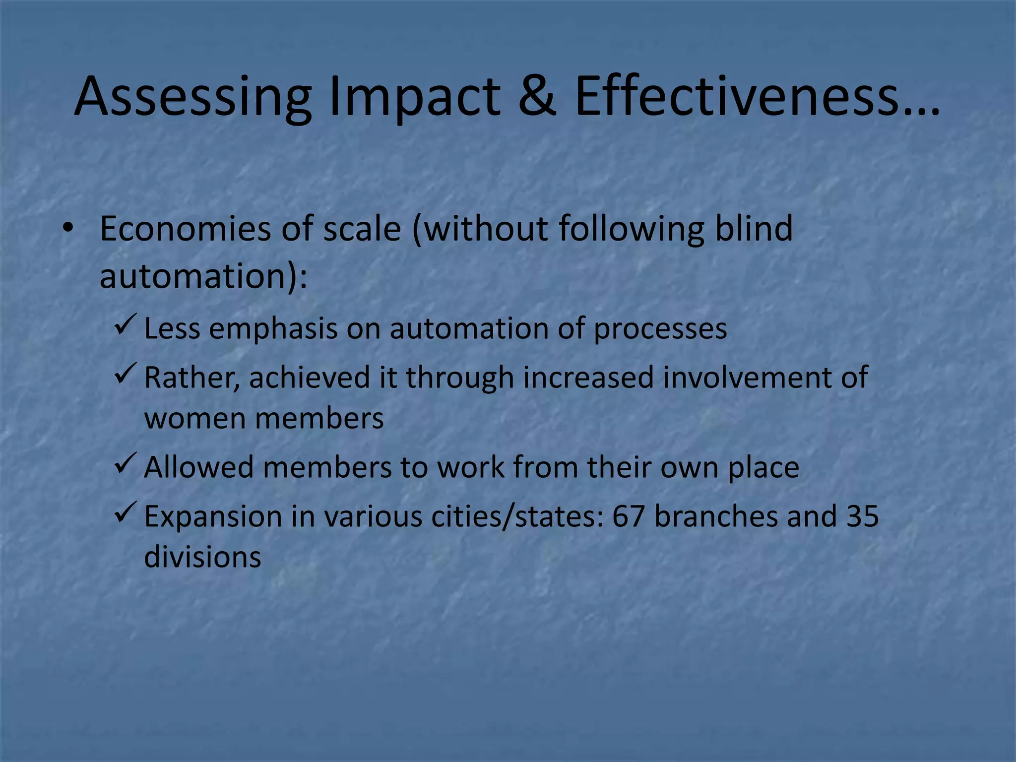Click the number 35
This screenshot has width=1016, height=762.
[862, 516]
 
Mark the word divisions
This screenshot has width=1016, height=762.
[202, 557]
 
